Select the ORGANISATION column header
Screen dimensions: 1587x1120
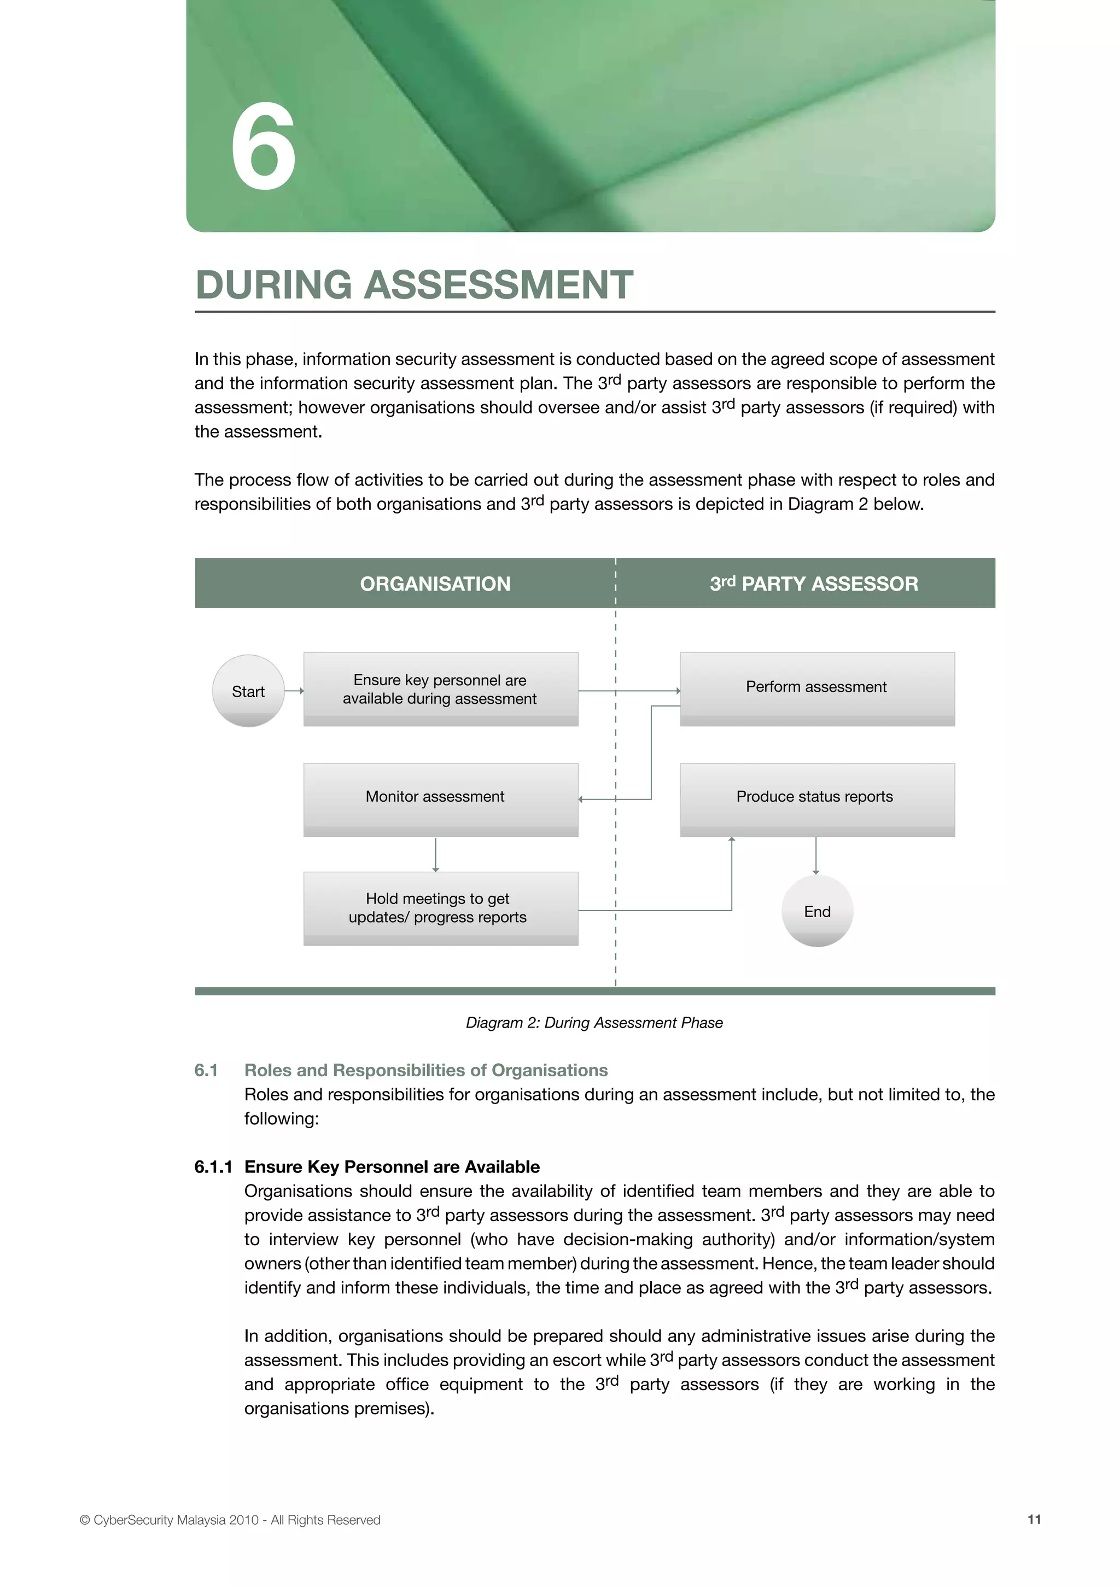435,584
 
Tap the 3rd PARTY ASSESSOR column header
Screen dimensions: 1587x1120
814,584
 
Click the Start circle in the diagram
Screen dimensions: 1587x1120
248,691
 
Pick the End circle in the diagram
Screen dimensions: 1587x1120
817,911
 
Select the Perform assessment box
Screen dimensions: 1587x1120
816,688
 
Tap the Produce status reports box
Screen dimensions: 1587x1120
816,798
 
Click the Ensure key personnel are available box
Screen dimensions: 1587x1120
440,689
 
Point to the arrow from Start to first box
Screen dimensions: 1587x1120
294,691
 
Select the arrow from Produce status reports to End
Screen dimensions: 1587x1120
816,856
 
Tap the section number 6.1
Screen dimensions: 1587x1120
206,1070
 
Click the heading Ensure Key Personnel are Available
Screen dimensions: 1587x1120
392,1167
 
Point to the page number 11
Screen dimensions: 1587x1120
1034,1519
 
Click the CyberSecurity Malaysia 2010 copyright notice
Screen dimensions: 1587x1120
230,1519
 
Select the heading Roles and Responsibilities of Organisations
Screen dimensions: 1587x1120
426,1070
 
